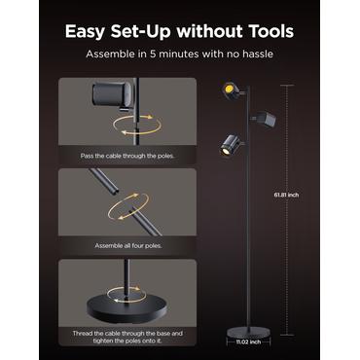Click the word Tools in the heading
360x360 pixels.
[x=270, y=31]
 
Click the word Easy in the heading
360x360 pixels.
[x=85, y=32]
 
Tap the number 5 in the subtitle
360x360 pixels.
[x=153, y=54]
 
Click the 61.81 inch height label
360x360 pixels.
[x=286, y=195]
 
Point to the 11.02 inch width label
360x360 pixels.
[x=248, y=342]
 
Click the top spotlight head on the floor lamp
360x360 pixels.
[x=232, y=90]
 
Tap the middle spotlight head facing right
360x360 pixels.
[x=265, y=119]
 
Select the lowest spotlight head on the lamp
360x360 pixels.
[x=231, y=144]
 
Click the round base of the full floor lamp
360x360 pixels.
[x=248, y=333]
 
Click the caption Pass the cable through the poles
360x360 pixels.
[x=127, y=156]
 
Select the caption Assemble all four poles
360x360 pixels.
[x=128, y=246]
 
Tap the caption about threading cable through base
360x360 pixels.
[x=127, y=337]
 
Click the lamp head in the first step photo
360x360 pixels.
[x=113, y=94]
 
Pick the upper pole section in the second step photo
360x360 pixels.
[x=104, y=181]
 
